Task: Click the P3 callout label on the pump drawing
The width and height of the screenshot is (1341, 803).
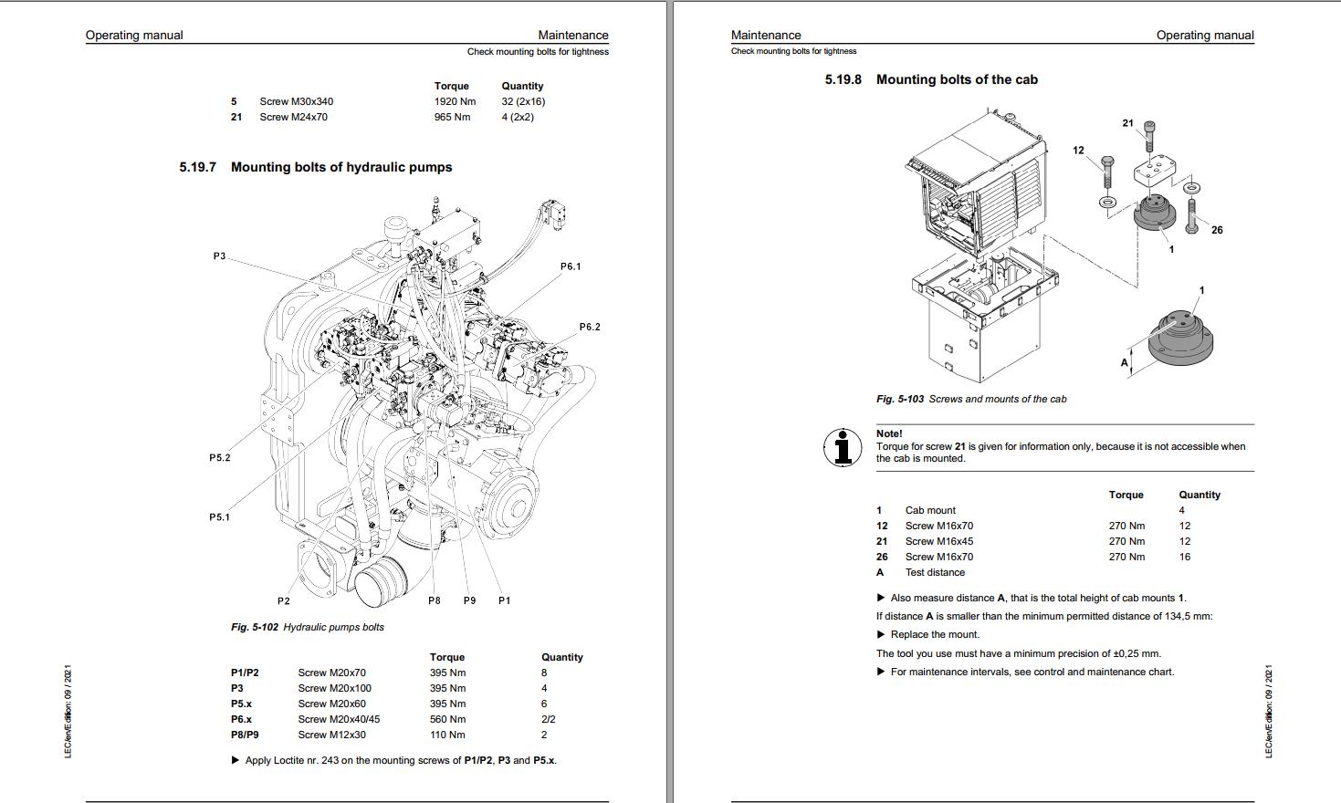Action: click(219, 256)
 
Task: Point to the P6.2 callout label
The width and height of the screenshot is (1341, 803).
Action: click(590, 327)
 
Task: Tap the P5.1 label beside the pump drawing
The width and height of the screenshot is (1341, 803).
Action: click(219, 517)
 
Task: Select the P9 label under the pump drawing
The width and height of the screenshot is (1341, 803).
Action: click(469, 600)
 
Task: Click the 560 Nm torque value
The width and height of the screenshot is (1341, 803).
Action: click(447, 719)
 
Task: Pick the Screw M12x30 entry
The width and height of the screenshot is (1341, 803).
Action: click(331, 735)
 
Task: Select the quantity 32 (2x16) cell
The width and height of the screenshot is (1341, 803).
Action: click(523, 101)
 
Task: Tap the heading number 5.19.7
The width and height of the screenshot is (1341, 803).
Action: click(197, 167)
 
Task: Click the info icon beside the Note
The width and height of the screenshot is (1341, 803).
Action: click(843, 447)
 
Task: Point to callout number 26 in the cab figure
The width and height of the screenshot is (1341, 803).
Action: click(1217, 230)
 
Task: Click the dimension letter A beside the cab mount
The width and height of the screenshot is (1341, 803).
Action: click(1125, 362)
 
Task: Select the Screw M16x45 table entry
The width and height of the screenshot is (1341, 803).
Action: click(938, 541)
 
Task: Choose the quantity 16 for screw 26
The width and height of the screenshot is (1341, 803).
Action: click(1184, 557)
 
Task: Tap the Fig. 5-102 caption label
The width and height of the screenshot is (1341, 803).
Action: click(255, 627)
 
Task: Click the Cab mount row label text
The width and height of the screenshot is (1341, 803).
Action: click(930, 510)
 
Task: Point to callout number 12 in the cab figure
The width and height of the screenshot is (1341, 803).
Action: click(1078, 151)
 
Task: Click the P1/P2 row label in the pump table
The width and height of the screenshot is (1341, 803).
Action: click(245, 673)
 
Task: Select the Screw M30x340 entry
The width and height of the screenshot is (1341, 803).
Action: click(296, 101)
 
